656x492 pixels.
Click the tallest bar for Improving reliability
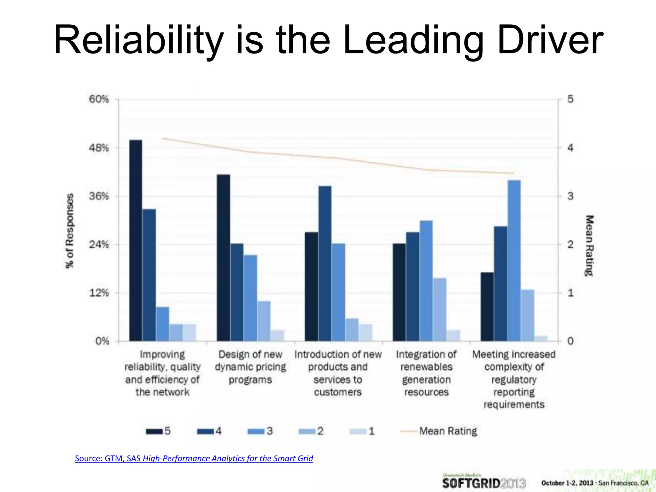pos(135,240)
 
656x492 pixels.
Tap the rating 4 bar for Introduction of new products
pos(325,263)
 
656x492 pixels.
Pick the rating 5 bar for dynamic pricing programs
pos(223,258)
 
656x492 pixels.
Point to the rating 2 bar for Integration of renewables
pos(439,309)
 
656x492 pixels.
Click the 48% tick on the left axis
pos(99,148)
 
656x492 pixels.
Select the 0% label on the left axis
pos(102,341)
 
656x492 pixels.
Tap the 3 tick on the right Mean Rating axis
pos(570,196)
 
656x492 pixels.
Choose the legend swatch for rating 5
pos(154,431)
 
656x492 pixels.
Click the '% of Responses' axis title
pos(70,231)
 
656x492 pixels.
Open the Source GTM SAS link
pos(194,458)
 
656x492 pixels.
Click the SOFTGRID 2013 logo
pos(484,482)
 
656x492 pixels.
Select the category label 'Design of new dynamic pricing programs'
pos(250,367)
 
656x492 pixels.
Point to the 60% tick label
pos(99,99)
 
